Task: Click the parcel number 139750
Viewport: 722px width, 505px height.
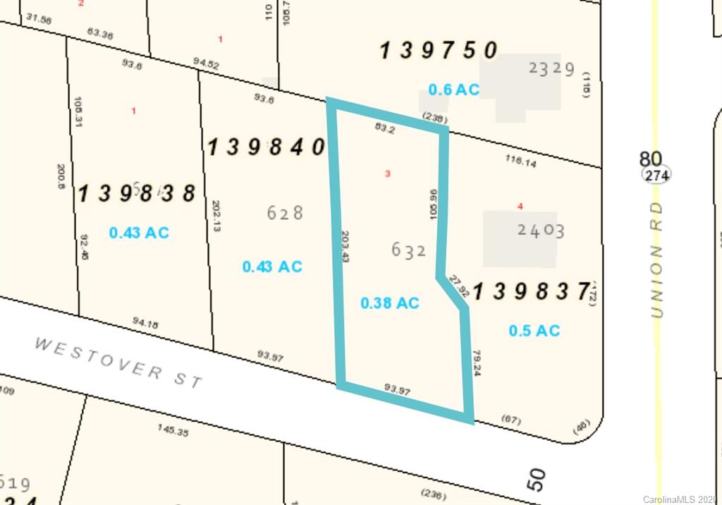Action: coord(439,51)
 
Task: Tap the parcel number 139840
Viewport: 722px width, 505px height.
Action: coord(266,147)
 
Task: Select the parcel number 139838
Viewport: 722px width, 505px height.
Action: coord(136,193)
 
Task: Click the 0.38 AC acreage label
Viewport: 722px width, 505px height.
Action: coord(389,303)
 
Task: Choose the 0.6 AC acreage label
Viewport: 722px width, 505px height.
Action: coord(453,90)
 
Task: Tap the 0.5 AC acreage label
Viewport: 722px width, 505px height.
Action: coord(534,330)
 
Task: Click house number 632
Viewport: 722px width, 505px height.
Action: coord(408,250)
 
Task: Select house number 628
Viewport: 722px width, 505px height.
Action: coord(285,212)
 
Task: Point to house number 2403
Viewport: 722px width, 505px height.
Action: coord(540,231)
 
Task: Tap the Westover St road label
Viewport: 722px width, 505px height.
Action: coord(118,362)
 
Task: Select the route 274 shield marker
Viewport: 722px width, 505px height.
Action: coord(656,175)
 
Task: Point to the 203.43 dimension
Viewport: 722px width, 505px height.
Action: coord(345,247)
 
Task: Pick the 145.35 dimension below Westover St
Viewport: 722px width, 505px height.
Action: coord(173,430)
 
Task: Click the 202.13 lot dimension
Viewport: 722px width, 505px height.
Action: coord(216,216)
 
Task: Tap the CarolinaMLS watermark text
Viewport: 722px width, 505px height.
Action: coord(683,499)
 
